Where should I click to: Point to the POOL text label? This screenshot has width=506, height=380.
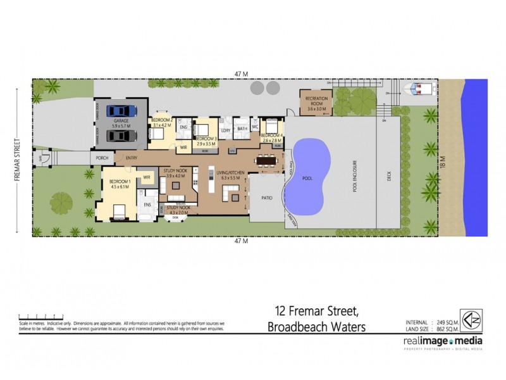pos(307,179)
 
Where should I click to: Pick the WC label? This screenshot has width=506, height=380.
pos(255,127)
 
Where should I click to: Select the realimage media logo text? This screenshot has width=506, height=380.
pos(442,341)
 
